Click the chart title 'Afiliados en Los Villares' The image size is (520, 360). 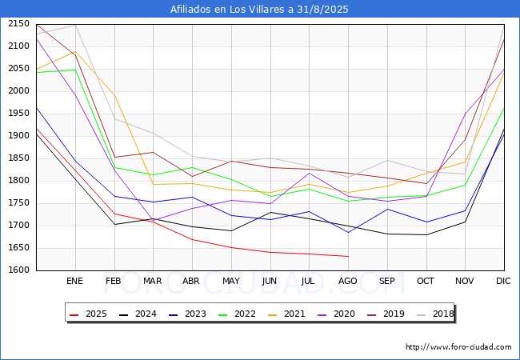tap(259, 10)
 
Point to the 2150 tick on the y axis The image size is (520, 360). tap(18, 24)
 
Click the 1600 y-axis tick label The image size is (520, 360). tap(18, 270)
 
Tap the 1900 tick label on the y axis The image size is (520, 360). tap(18, 136)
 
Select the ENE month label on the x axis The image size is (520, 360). tap(74, 282)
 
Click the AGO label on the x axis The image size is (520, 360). tap(348, 282)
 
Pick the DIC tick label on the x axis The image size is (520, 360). tap(503, 282)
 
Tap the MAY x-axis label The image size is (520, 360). tap(231, 282)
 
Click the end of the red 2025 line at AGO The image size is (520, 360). tap(348, 256)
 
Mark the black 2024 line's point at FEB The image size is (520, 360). tap(114, 224)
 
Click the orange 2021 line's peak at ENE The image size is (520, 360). tap(74, 52)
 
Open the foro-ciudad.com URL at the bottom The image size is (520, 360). tap(458, 347)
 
